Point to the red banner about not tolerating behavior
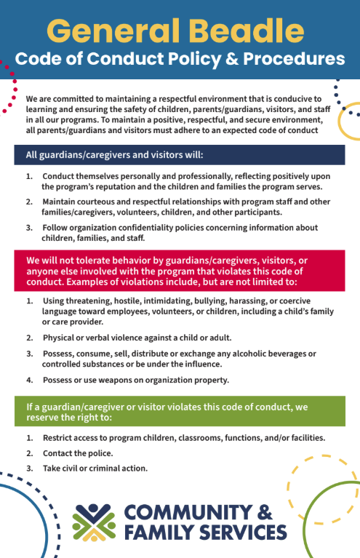[x=180, y=271]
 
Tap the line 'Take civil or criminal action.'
[x=95, y=468]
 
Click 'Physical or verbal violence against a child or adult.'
[x=137, y=338]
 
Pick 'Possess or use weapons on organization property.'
[x=136, y=380]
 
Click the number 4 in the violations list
[x=29, y=380]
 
